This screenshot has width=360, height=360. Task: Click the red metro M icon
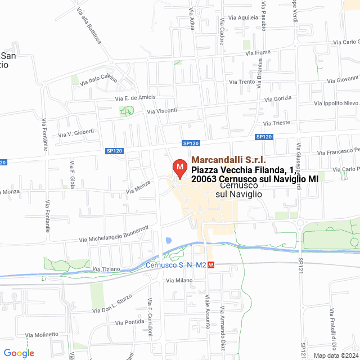[x=211, y=264]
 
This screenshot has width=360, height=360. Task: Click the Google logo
[x=19, y=353]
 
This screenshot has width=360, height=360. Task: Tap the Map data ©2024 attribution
[x=335, y=355]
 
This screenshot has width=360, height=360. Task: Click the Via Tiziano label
[x=106, y=269]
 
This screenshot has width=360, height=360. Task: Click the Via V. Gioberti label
[x=76, y=133]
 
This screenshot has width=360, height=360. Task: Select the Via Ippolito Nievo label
[x=336, y=103]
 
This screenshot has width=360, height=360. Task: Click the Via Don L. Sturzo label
[x=112, y=304]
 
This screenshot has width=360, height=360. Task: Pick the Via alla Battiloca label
[x=89, y=28]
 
